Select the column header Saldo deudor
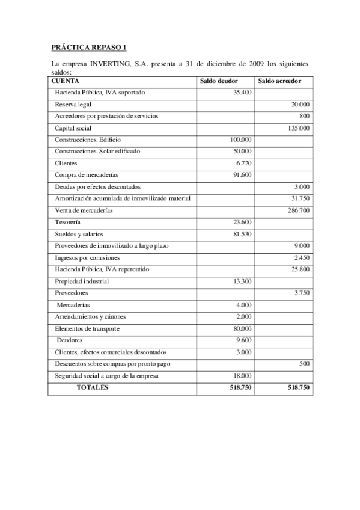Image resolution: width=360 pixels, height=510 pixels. tap(219, 81)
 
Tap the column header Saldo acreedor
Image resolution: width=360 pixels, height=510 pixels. tap(279, 81)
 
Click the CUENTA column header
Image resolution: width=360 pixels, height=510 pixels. tap(65, 81)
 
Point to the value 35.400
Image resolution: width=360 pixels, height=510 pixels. tap(242, 93)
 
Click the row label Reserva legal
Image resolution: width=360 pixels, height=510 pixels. tap(73, 104)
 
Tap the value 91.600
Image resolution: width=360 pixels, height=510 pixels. tap(242, 175)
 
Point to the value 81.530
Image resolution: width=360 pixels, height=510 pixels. tap(242, 234)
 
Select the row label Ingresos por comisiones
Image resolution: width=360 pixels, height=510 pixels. tap(87, 257)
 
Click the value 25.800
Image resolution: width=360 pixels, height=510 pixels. tap(301, 269)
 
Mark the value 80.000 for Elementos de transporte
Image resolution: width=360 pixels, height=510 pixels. tap(242, 328)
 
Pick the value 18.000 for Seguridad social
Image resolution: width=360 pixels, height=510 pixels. tap(242, 376)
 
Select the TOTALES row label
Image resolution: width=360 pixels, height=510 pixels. tap(93, 388)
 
